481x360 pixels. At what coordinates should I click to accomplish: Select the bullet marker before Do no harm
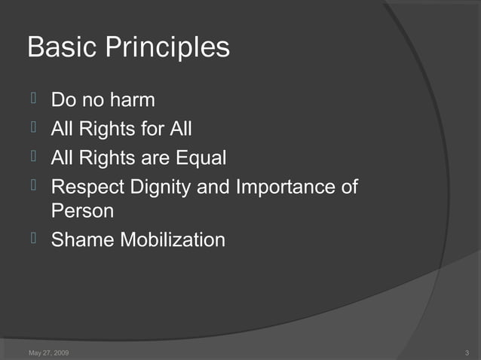pos(33,99)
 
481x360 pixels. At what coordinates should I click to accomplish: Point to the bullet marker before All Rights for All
pos(33,128)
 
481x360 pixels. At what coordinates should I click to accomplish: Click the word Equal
pos(202,159)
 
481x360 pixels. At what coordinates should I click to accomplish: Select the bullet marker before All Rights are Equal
pos(33,157)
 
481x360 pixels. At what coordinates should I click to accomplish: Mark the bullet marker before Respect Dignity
pos(33,186)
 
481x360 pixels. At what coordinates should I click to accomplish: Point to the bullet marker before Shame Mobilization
pos(33,239)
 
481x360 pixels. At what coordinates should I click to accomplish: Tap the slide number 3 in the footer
pos(467,352)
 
